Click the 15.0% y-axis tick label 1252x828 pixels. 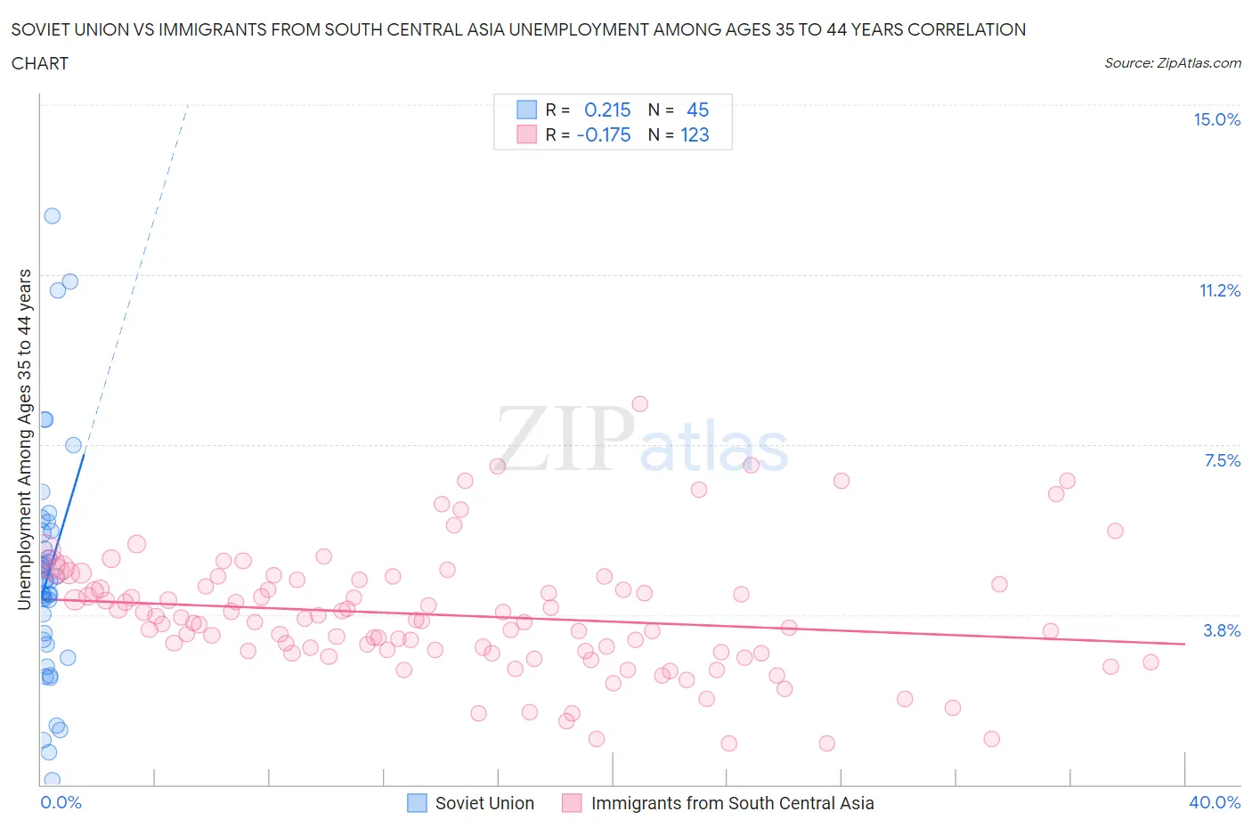[1216, 120]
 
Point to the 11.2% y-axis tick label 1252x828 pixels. [1219, 291]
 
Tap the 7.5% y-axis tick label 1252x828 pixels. [1222, 461]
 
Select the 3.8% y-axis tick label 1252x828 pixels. [1222, 631]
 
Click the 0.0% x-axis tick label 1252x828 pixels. [61, 803]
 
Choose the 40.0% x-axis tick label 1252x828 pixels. [1215, 803]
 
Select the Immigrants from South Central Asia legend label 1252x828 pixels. [732, 804]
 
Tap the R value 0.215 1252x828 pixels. [607, 110]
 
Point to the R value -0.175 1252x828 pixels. [604, 135]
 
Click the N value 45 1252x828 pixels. [697, 110]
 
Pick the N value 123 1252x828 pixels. [695, 135]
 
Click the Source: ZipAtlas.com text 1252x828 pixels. [1172, 63]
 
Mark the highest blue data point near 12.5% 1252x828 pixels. [53, 215]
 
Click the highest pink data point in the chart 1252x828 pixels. [639, 404]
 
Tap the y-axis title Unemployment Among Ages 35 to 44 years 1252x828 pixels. [25, 439]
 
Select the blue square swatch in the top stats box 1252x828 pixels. [526, 110]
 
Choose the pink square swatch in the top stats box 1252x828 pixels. [526, 134]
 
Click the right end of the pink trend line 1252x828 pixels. [1184, 644]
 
